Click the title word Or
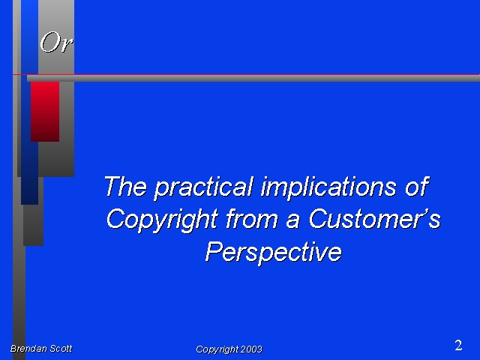[x=56, y=42]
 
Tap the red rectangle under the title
[x=45, y=112]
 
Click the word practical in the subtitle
[x=204, y=187]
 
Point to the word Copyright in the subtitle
[x=162, y=220]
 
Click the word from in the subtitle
[x=252, y=218]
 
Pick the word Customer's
[x=375, y=218]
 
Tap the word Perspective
[x=273, y=253]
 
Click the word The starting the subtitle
[x=125, y=186]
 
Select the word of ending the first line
[x=417, y=186]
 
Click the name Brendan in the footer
[x=28, y=348]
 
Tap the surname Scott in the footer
[x=61, y=348]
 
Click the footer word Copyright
[x=217, y=349]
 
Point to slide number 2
[x=458, y=345]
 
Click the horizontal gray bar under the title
[x=253, y=78]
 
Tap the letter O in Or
[x=49, y=42]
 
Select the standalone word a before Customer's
[x=292, y=222]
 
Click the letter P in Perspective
[x=214, y=251]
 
